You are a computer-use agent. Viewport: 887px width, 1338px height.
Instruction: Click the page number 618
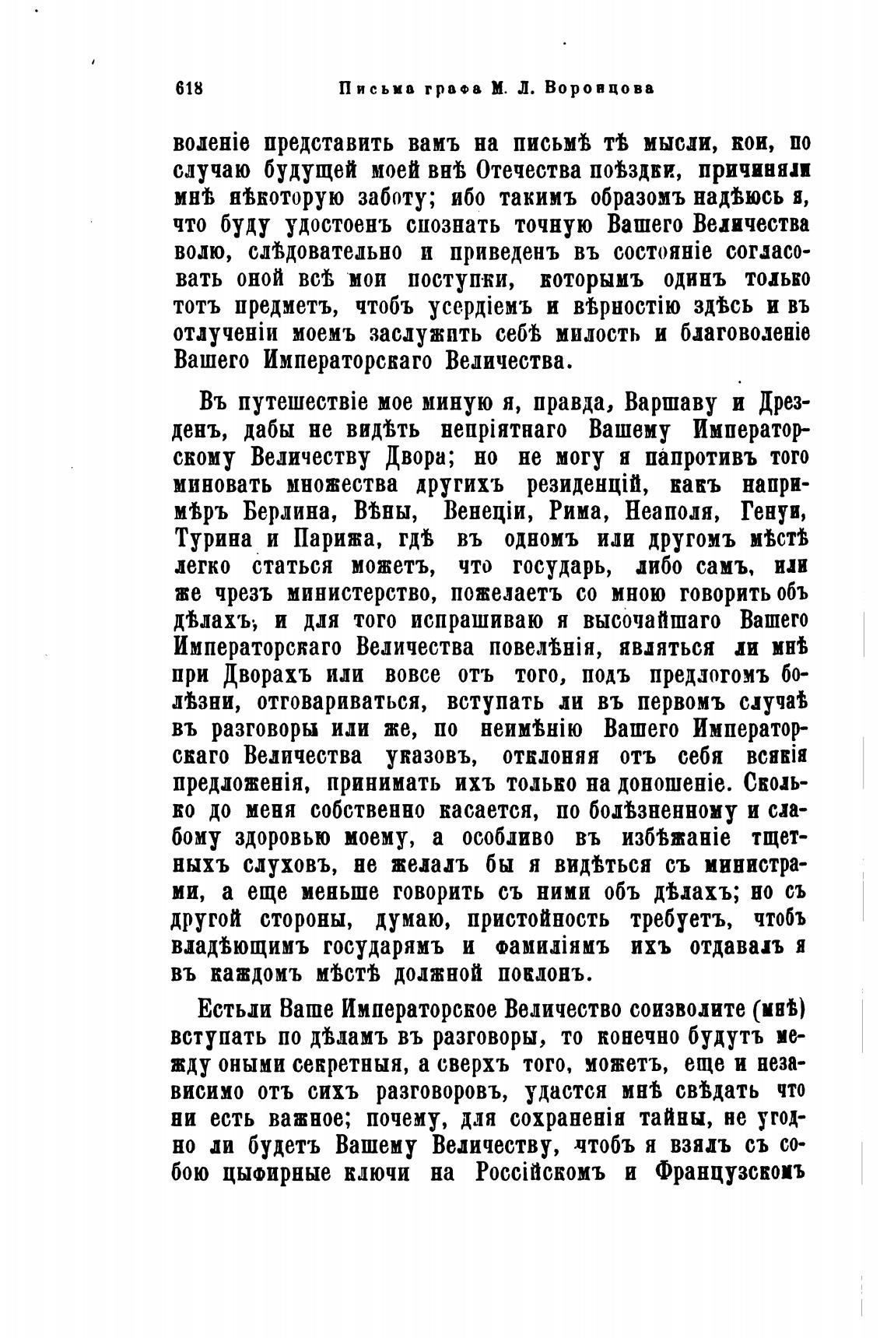(x=189, y=88)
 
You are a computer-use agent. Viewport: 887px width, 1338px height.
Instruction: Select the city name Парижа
(x=323, y=539)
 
